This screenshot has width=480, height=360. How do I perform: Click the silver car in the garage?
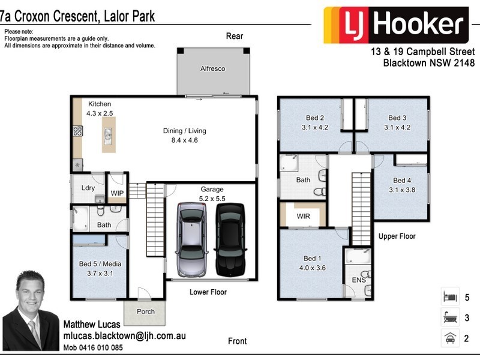[193, 239]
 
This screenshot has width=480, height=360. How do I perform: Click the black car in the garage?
[230, 239]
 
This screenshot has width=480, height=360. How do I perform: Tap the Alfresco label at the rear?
[212, 69]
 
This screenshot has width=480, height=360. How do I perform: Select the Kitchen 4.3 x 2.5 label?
[100, 109]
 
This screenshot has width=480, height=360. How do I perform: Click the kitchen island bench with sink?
[108, 134]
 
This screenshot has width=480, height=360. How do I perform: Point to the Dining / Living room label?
[184, 136]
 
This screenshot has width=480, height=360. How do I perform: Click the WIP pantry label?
[116, 193]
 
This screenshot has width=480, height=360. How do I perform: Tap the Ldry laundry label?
[88, 188]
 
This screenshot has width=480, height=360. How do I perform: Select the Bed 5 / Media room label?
[100, 268]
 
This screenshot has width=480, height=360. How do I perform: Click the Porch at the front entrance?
[145, 311]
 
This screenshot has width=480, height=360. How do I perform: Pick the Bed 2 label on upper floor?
[315, 122]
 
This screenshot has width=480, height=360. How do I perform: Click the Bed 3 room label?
[397, 122]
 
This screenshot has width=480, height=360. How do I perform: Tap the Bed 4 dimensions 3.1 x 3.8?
[402, 190]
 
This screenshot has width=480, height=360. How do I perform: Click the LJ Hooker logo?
[395, 25]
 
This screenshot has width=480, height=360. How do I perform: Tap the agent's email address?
[124, 336]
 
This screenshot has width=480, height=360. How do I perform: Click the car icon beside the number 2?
[449, 337]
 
